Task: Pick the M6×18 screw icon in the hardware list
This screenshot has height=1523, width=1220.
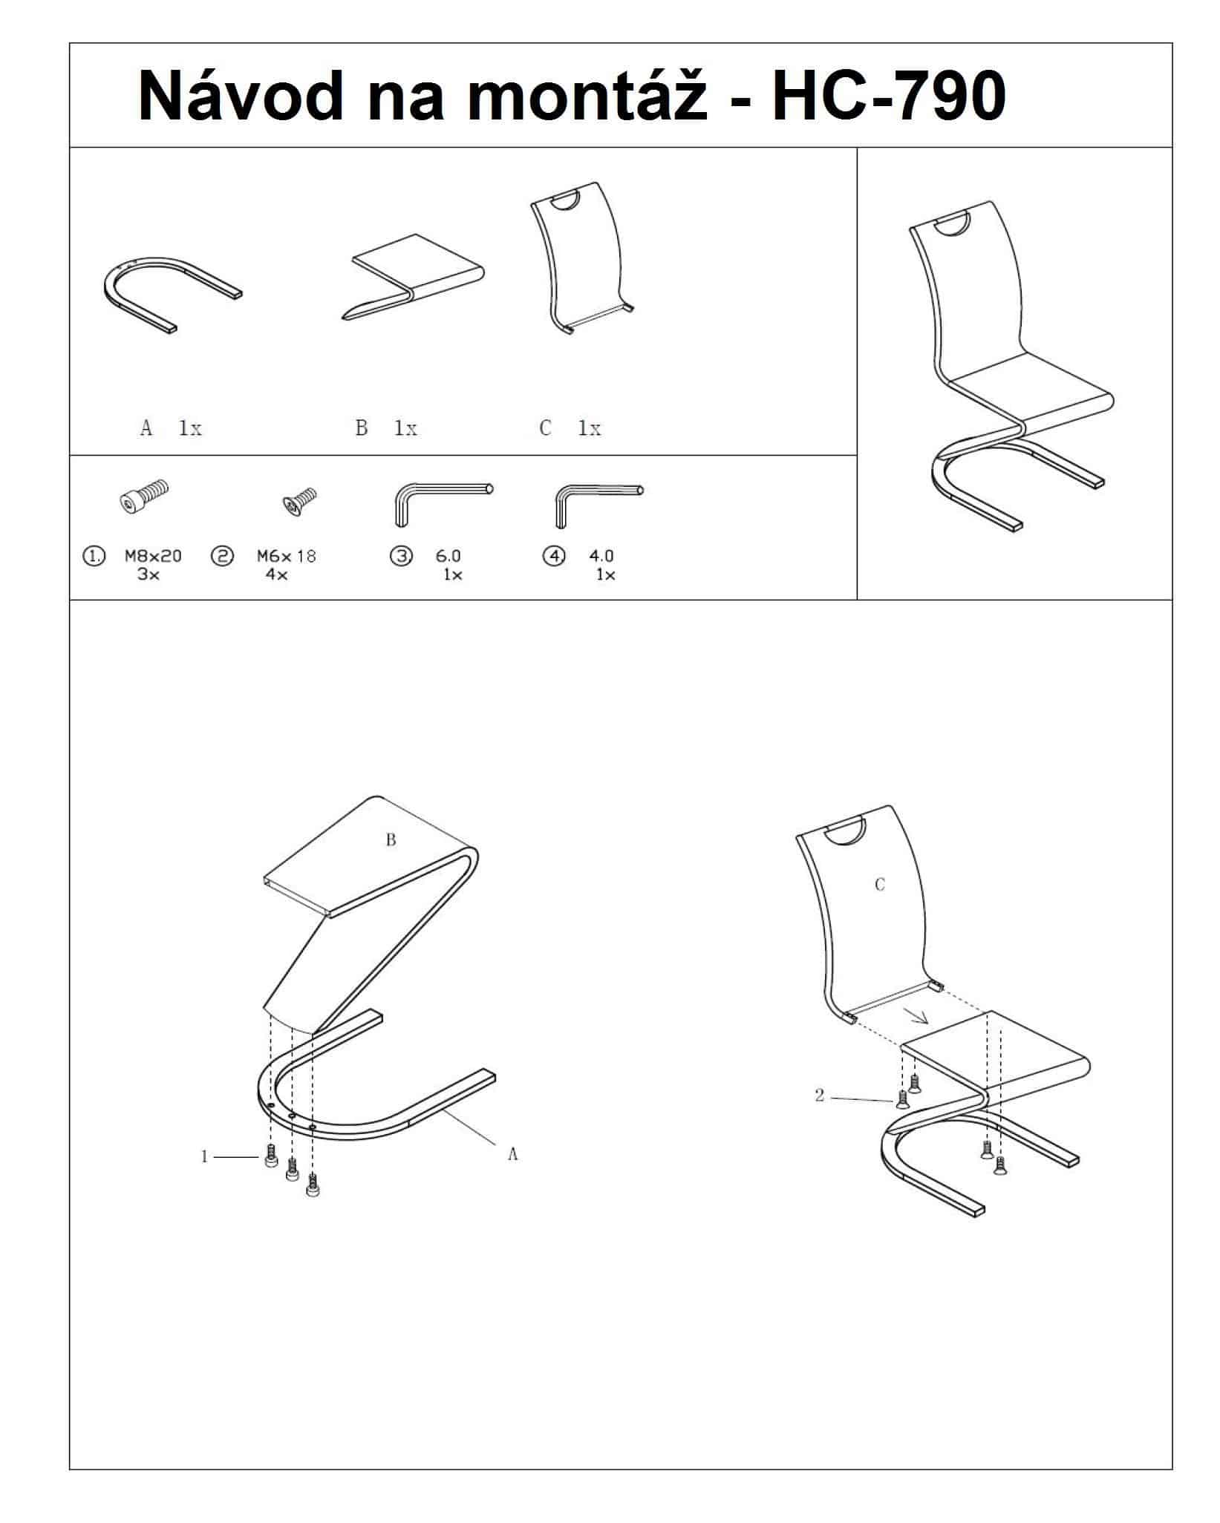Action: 299,501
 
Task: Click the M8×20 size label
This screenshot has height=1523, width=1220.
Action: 153,555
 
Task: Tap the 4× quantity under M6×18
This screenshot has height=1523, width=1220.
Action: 276,574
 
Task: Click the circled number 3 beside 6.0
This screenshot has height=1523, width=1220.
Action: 401,556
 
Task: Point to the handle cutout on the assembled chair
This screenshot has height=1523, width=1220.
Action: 952,226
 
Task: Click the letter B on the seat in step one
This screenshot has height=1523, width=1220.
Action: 391,839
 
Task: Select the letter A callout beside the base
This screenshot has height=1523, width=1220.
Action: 512,1154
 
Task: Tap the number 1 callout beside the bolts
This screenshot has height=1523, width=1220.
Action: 205,1156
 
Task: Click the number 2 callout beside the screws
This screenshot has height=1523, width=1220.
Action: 820,1095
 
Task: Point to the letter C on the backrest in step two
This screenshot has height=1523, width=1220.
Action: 880,884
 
